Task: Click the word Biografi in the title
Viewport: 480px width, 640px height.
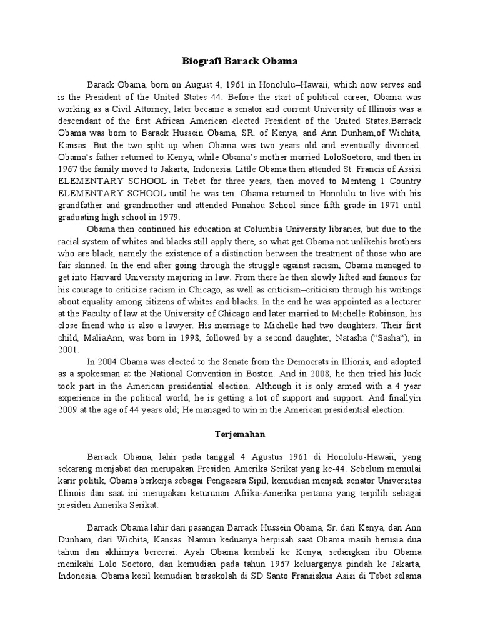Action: pos(202,61)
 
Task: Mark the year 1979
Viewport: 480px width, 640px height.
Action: pos(165,217)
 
